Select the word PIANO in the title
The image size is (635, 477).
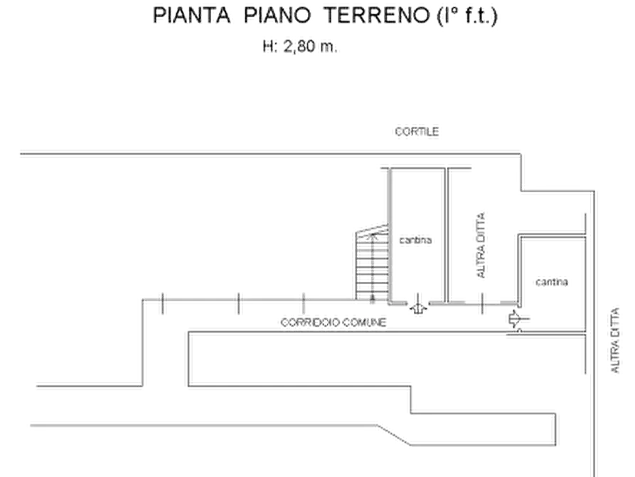tap(270, 16)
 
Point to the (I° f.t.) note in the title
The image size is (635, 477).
tap(466, 16)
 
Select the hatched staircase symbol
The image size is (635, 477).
tap(370, 260)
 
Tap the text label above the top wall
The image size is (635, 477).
tap(417, 131)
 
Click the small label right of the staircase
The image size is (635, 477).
tap(417, 242)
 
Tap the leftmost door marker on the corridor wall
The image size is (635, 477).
tap(163, 303)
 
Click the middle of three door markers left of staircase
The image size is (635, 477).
tap(238, 303)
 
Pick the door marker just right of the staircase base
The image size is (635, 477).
tap(419, 304)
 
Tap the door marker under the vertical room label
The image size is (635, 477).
tap(483, 304)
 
